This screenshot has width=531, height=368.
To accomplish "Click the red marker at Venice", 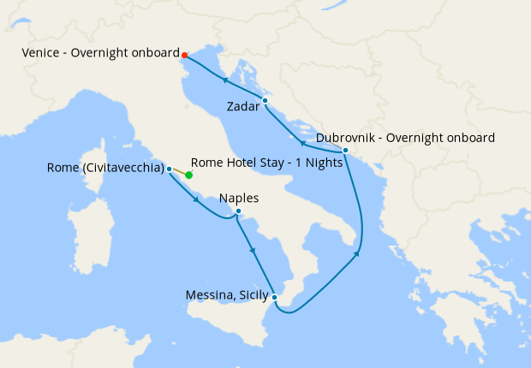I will [185, 55].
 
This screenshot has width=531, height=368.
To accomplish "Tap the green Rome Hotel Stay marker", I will [188, 175].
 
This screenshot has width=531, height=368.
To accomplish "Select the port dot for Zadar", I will [265, 101].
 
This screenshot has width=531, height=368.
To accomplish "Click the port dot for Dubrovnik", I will [344, 151].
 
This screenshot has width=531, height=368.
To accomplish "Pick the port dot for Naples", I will [238, 211].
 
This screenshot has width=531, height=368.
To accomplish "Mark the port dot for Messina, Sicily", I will [274, 297].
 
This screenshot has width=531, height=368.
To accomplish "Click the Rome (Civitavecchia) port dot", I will [170, 169].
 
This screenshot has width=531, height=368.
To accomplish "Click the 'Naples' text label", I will [239, 199].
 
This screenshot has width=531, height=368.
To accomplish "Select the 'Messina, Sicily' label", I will [226, 297].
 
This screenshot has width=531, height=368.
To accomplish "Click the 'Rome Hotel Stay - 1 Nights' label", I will [266, 162].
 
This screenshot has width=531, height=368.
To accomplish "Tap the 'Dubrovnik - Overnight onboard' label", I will [405, 138].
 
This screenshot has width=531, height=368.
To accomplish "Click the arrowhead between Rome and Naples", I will [198, 201].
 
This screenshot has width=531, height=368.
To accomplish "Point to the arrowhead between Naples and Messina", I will [253, 250].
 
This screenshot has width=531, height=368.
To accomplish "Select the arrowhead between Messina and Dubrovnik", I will [356, 254].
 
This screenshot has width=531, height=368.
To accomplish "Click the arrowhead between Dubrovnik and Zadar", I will [301, 143].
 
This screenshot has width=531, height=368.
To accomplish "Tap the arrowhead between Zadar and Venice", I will [224, 80].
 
